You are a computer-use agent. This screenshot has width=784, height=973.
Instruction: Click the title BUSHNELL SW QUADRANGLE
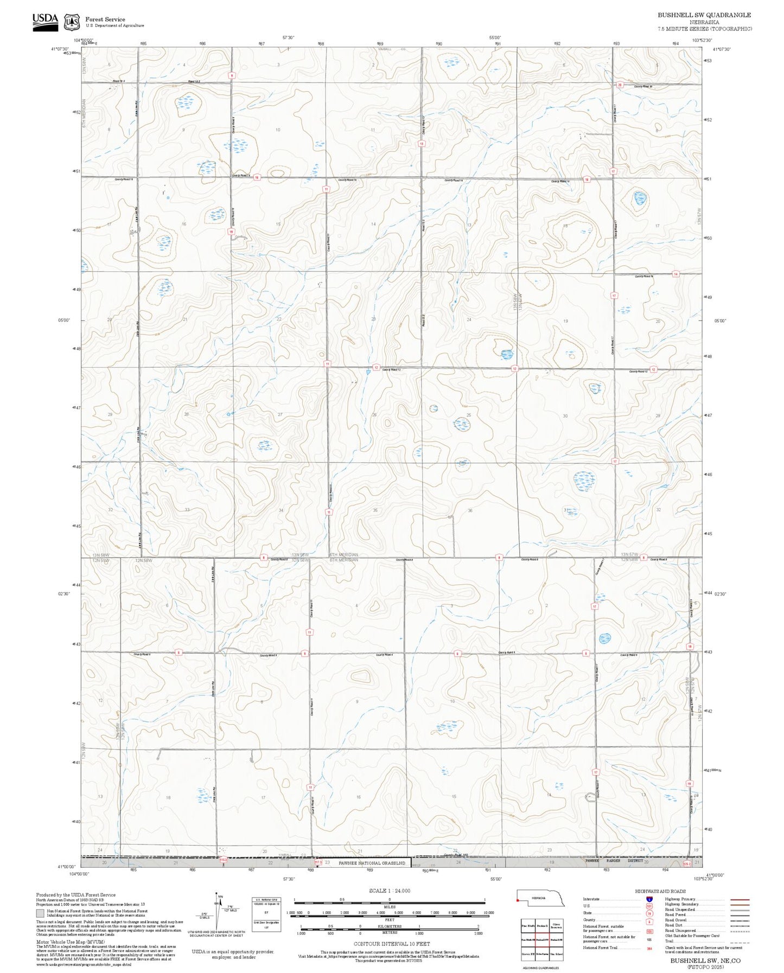(704, 15)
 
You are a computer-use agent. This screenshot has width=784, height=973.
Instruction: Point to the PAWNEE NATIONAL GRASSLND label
(372, 862)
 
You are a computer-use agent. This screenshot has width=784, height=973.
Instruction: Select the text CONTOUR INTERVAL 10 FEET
(391, 943)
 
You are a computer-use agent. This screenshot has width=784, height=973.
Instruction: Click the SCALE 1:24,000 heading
(389, 890)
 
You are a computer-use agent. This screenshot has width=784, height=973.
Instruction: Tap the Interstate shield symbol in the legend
(649, 899)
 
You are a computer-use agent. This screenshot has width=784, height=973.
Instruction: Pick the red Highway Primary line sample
(740, 899)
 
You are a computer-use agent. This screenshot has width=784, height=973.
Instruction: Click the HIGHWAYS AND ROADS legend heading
(660, 891)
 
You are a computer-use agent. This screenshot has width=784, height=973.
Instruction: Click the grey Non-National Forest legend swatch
(40, 913)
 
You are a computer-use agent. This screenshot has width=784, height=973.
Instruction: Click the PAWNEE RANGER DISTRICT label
(614, 861)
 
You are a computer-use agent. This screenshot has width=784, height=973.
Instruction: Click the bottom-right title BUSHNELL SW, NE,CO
(705, 960)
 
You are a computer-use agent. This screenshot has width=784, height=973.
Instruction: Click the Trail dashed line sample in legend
(740, 941)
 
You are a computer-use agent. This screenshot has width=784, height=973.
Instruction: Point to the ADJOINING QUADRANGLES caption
(540, 968)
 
